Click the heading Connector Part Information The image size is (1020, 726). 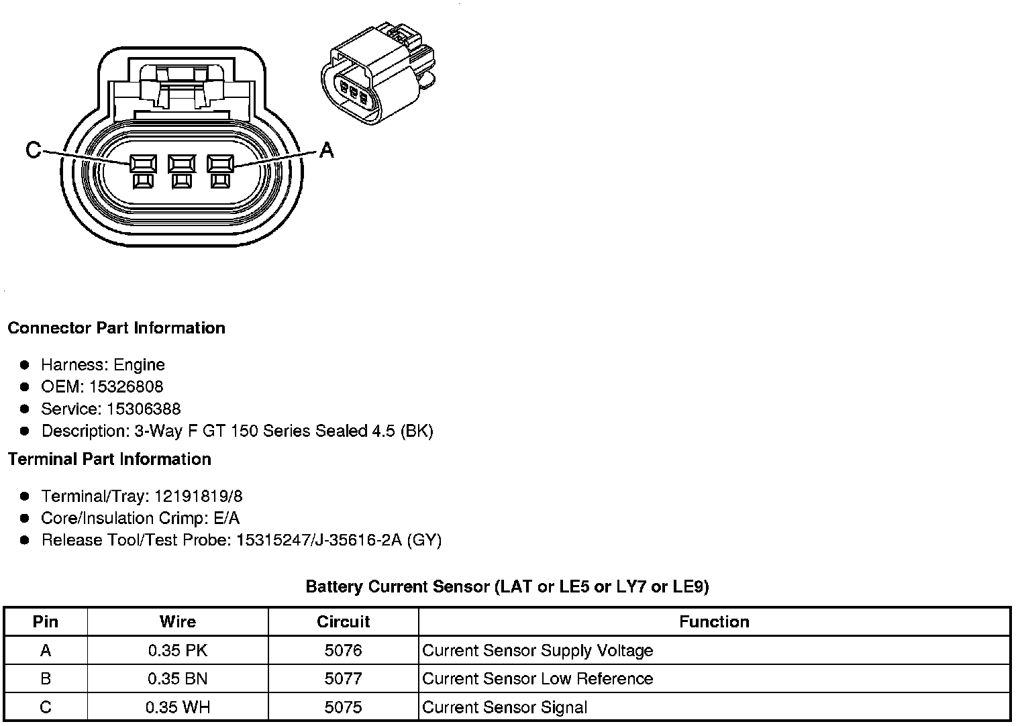(116, 328)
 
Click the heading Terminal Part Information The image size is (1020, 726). (109, 459)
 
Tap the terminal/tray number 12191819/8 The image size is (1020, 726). (199, 497)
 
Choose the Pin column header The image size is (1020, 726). (46, 621)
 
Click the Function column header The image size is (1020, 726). (714, 621)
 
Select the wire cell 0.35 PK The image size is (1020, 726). (178, 650)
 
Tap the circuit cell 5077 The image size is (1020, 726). (343, 678)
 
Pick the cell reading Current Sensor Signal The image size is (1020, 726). (505, 707)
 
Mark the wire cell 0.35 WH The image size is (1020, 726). (178, 707)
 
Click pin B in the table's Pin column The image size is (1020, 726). (46, 678)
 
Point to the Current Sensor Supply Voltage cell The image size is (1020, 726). (538, 650)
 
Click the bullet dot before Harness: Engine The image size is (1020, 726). (25, 365)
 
